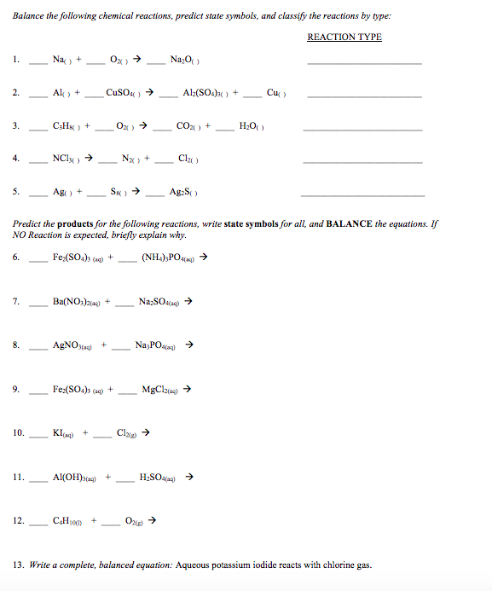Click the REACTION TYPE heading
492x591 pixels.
click(344, 37)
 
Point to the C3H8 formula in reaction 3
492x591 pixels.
click(65, 125)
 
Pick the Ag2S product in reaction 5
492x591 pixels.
click(185, 191)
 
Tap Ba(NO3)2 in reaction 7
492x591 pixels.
click(77, 301)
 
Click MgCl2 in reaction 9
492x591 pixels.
click(159, 389)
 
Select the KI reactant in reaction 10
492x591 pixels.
click(61, 432)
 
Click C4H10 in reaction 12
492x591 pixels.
click(67, 520)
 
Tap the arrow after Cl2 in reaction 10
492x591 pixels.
click(146, 432)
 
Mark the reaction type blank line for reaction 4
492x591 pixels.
click(362, 162)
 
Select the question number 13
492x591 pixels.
click(18, 565)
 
